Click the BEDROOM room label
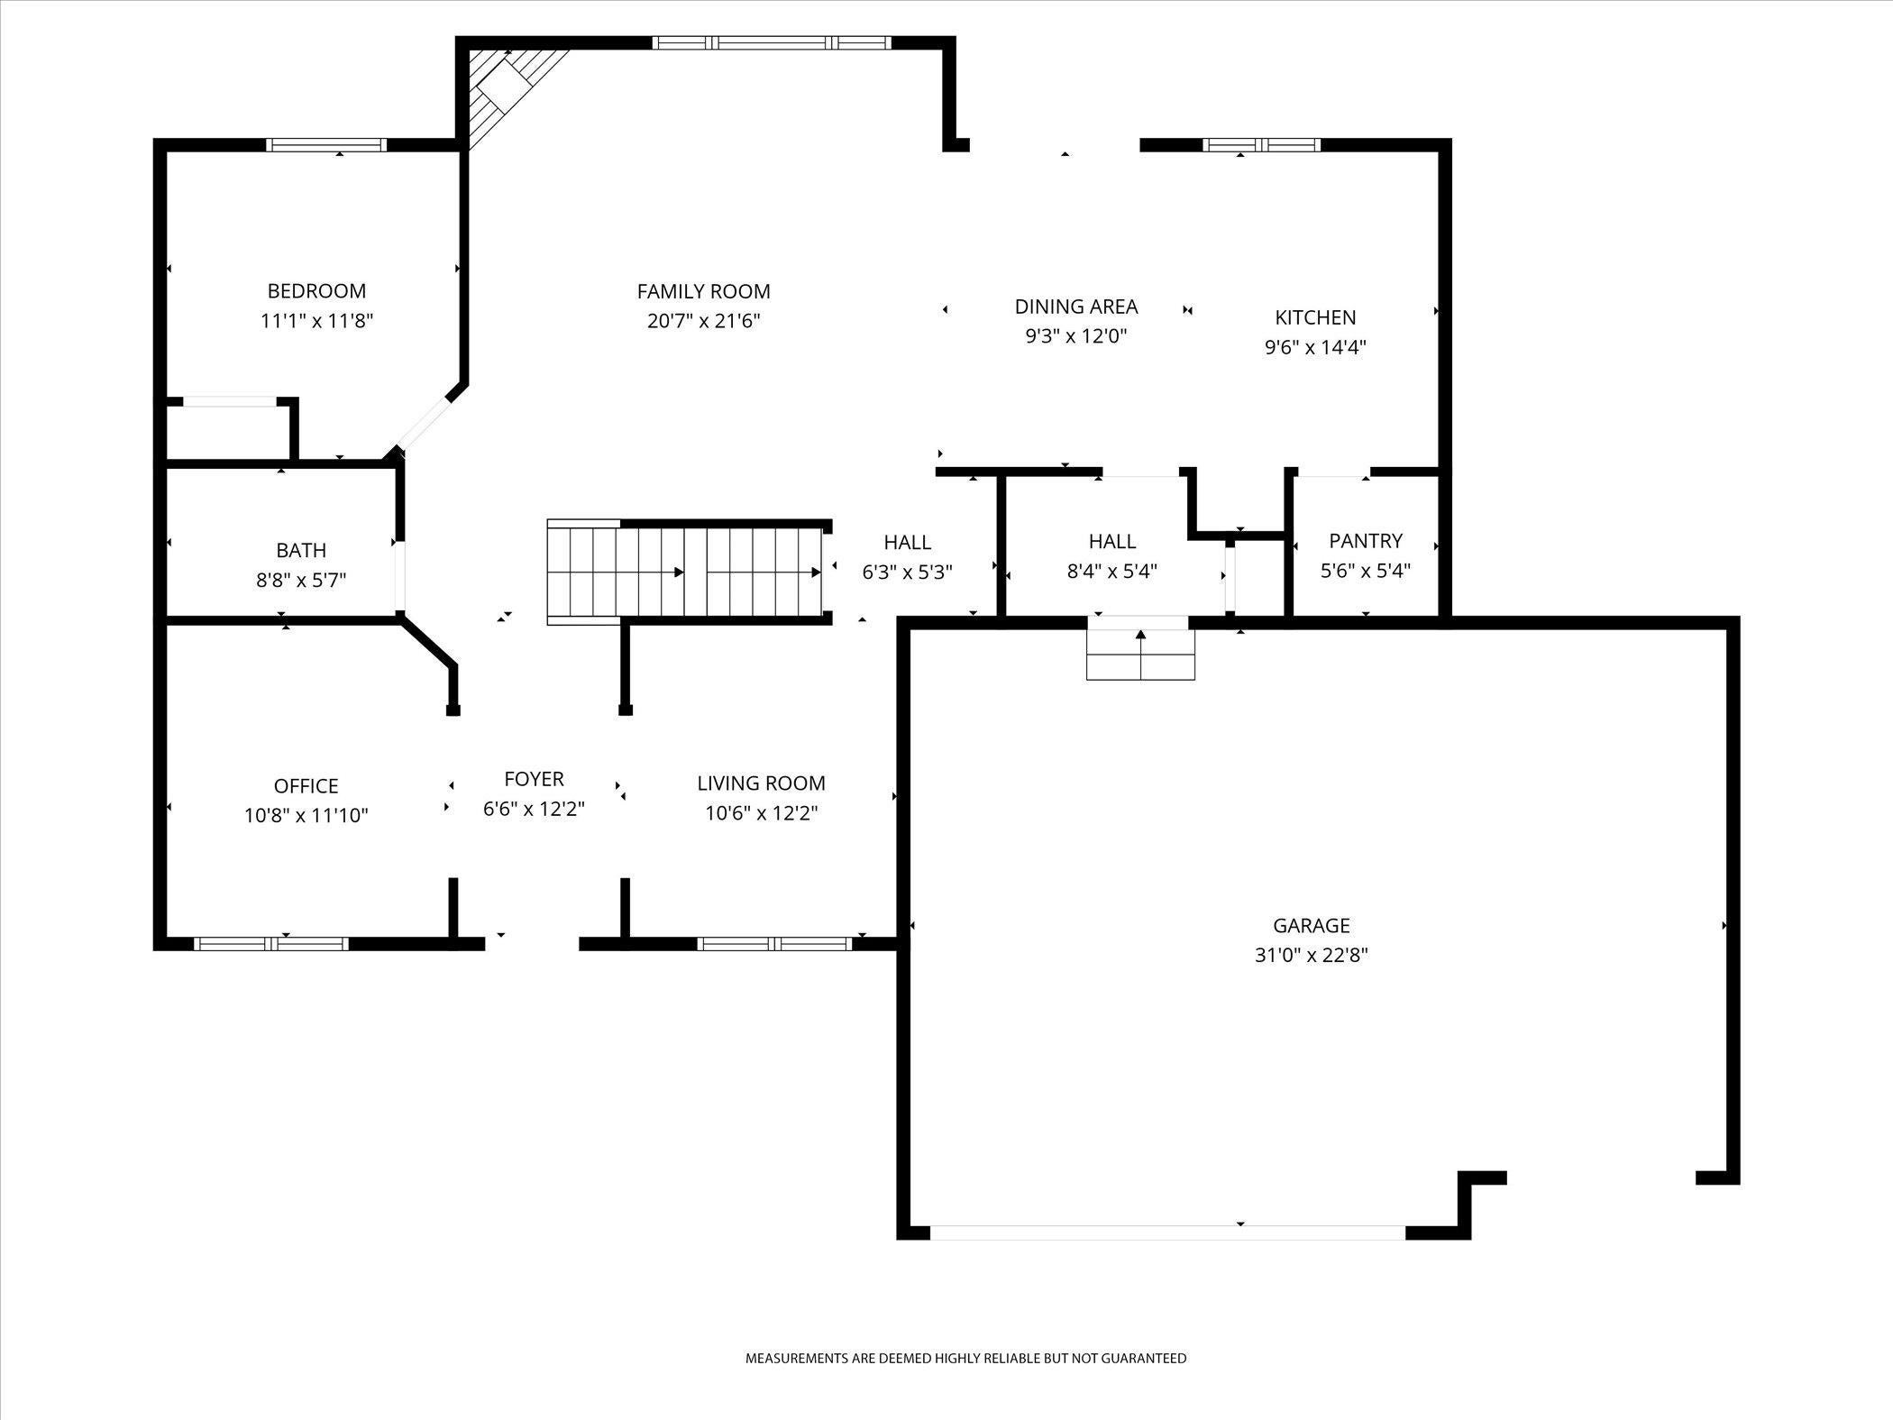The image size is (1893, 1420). coord(316,291)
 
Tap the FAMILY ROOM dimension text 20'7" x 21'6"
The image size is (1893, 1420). coord(703,321)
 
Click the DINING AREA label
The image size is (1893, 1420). coord(1076,307)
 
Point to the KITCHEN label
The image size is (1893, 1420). coord(1315,317)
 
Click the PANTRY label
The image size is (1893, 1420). coord(1366,541)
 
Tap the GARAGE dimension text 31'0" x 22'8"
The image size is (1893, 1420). coord(1311,955)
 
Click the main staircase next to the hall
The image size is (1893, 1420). coord(685,572)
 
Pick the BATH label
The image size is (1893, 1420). coord(301,550)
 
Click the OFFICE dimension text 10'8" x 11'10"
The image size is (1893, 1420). coord(306,816)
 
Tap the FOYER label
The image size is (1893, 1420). coord(534,779)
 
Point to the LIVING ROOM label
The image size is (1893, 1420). coord(761,783)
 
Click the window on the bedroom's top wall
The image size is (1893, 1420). coord(326,145)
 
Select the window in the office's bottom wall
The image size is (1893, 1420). coord(270,944)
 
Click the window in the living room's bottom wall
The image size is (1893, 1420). coord(774,944)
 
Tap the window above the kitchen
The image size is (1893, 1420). coord(1261,145)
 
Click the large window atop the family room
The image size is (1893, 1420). coord(772,42)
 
